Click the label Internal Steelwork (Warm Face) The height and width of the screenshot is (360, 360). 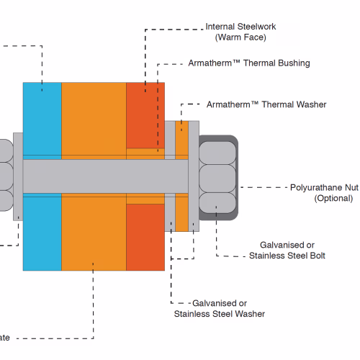click(240, 32)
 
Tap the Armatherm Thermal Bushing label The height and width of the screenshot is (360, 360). click(249, 63)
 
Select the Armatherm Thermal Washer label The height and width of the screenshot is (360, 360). click(266, 104)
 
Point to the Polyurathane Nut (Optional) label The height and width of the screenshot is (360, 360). click(324, 193)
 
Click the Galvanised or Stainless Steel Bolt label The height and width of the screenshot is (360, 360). click(287, 251)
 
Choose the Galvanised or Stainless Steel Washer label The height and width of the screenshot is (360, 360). click(220, 309)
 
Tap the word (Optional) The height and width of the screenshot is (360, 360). click(333, 198)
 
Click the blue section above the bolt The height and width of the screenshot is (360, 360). click(42, 119)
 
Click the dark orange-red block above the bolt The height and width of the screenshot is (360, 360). click(145, 115)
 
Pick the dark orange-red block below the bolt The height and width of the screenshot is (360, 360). click(145, 238)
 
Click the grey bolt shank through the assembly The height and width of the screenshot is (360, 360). click(106, 176)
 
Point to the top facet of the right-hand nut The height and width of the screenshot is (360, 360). click(217, 153)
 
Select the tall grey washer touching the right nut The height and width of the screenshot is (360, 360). click(194, 176)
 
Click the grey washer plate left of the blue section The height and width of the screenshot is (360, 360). click(18, 176)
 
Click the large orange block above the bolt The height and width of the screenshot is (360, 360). click(94, 119)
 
